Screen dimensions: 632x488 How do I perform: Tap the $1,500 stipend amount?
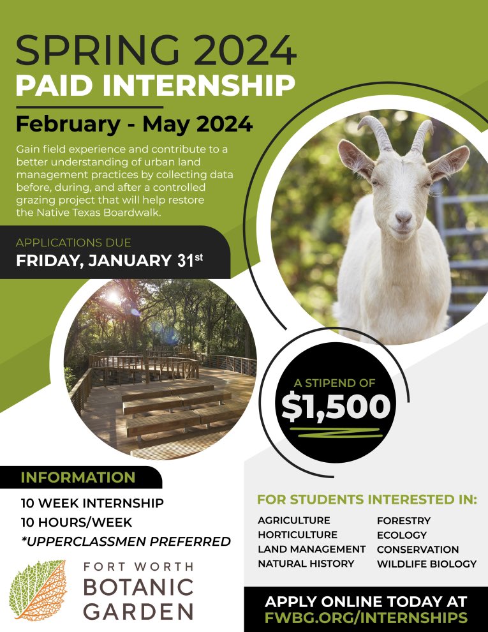(336, 407)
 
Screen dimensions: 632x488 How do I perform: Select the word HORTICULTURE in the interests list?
(297, 535)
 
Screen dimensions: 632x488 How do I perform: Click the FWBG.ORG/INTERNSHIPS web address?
(366, 618)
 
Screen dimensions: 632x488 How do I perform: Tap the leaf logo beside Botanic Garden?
(38, 591)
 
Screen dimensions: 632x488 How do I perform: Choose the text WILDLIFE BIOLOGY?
(426, 564)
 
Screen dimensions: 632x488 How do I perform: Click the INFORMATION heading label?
(78, 478)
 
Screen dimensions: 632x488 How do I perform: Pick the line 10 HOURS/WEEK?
(77, 522)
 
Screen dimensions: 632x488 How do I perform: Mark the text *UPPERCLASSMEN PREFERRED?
(126, 542)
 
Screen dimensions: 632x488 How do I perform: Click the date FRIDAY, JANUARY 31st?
(112, 261)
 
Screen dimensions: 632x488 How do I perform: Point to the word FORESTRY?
(403, 521)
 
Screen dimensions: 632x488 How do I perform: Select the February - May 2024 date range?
(134, 123)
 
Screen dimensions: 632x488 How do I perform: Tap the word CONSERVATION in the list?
(417, 550)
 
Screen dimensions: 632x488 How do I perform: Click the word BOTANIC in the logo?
(138, 587)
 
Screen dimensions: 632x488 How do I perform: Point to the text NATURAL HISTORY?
(306, 564)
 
